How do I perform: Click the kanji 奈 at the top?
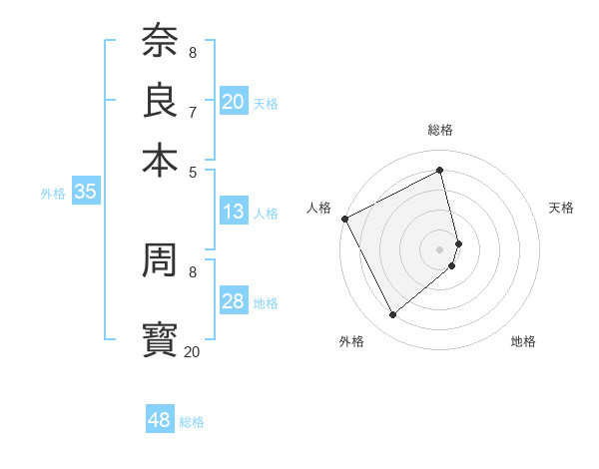[x=160, y=41]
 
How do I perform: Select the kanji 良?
[x=160, y=100]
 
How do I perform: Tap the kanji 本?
[x=160, y=161]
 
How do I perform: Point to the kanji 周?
[x=160, y=261]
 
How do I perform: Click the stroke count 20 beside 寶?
[x=192, y=351]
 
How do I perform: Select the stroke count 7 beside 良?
[x=192, y=111]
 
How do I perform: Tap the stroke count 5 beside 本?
[x=192, y=172]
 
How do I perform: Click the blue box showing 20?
[x=234, y=102]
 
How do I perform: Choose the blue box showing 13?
[x=234, y=212]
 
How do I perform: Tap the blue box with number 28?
[x=234, y=301]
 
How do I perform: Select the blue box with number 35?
[x=85, y=193]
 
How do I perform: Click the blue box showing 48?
[x=160, y=420]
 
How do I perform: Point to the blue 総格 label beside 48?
[x=192, y=422]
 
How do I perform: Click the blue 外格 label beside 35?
[x=53, y=195]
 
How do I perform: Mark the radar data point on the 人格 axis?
[x=344, y=218]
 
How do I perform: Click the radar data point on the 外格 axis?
[x=392, y=315]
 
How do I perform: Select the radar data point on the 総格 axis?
[x=440, y=171]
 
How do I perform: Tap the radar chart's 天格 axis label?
[x=562, y=208]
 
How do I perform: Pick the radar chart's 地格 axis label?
[x=524, y=342]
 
